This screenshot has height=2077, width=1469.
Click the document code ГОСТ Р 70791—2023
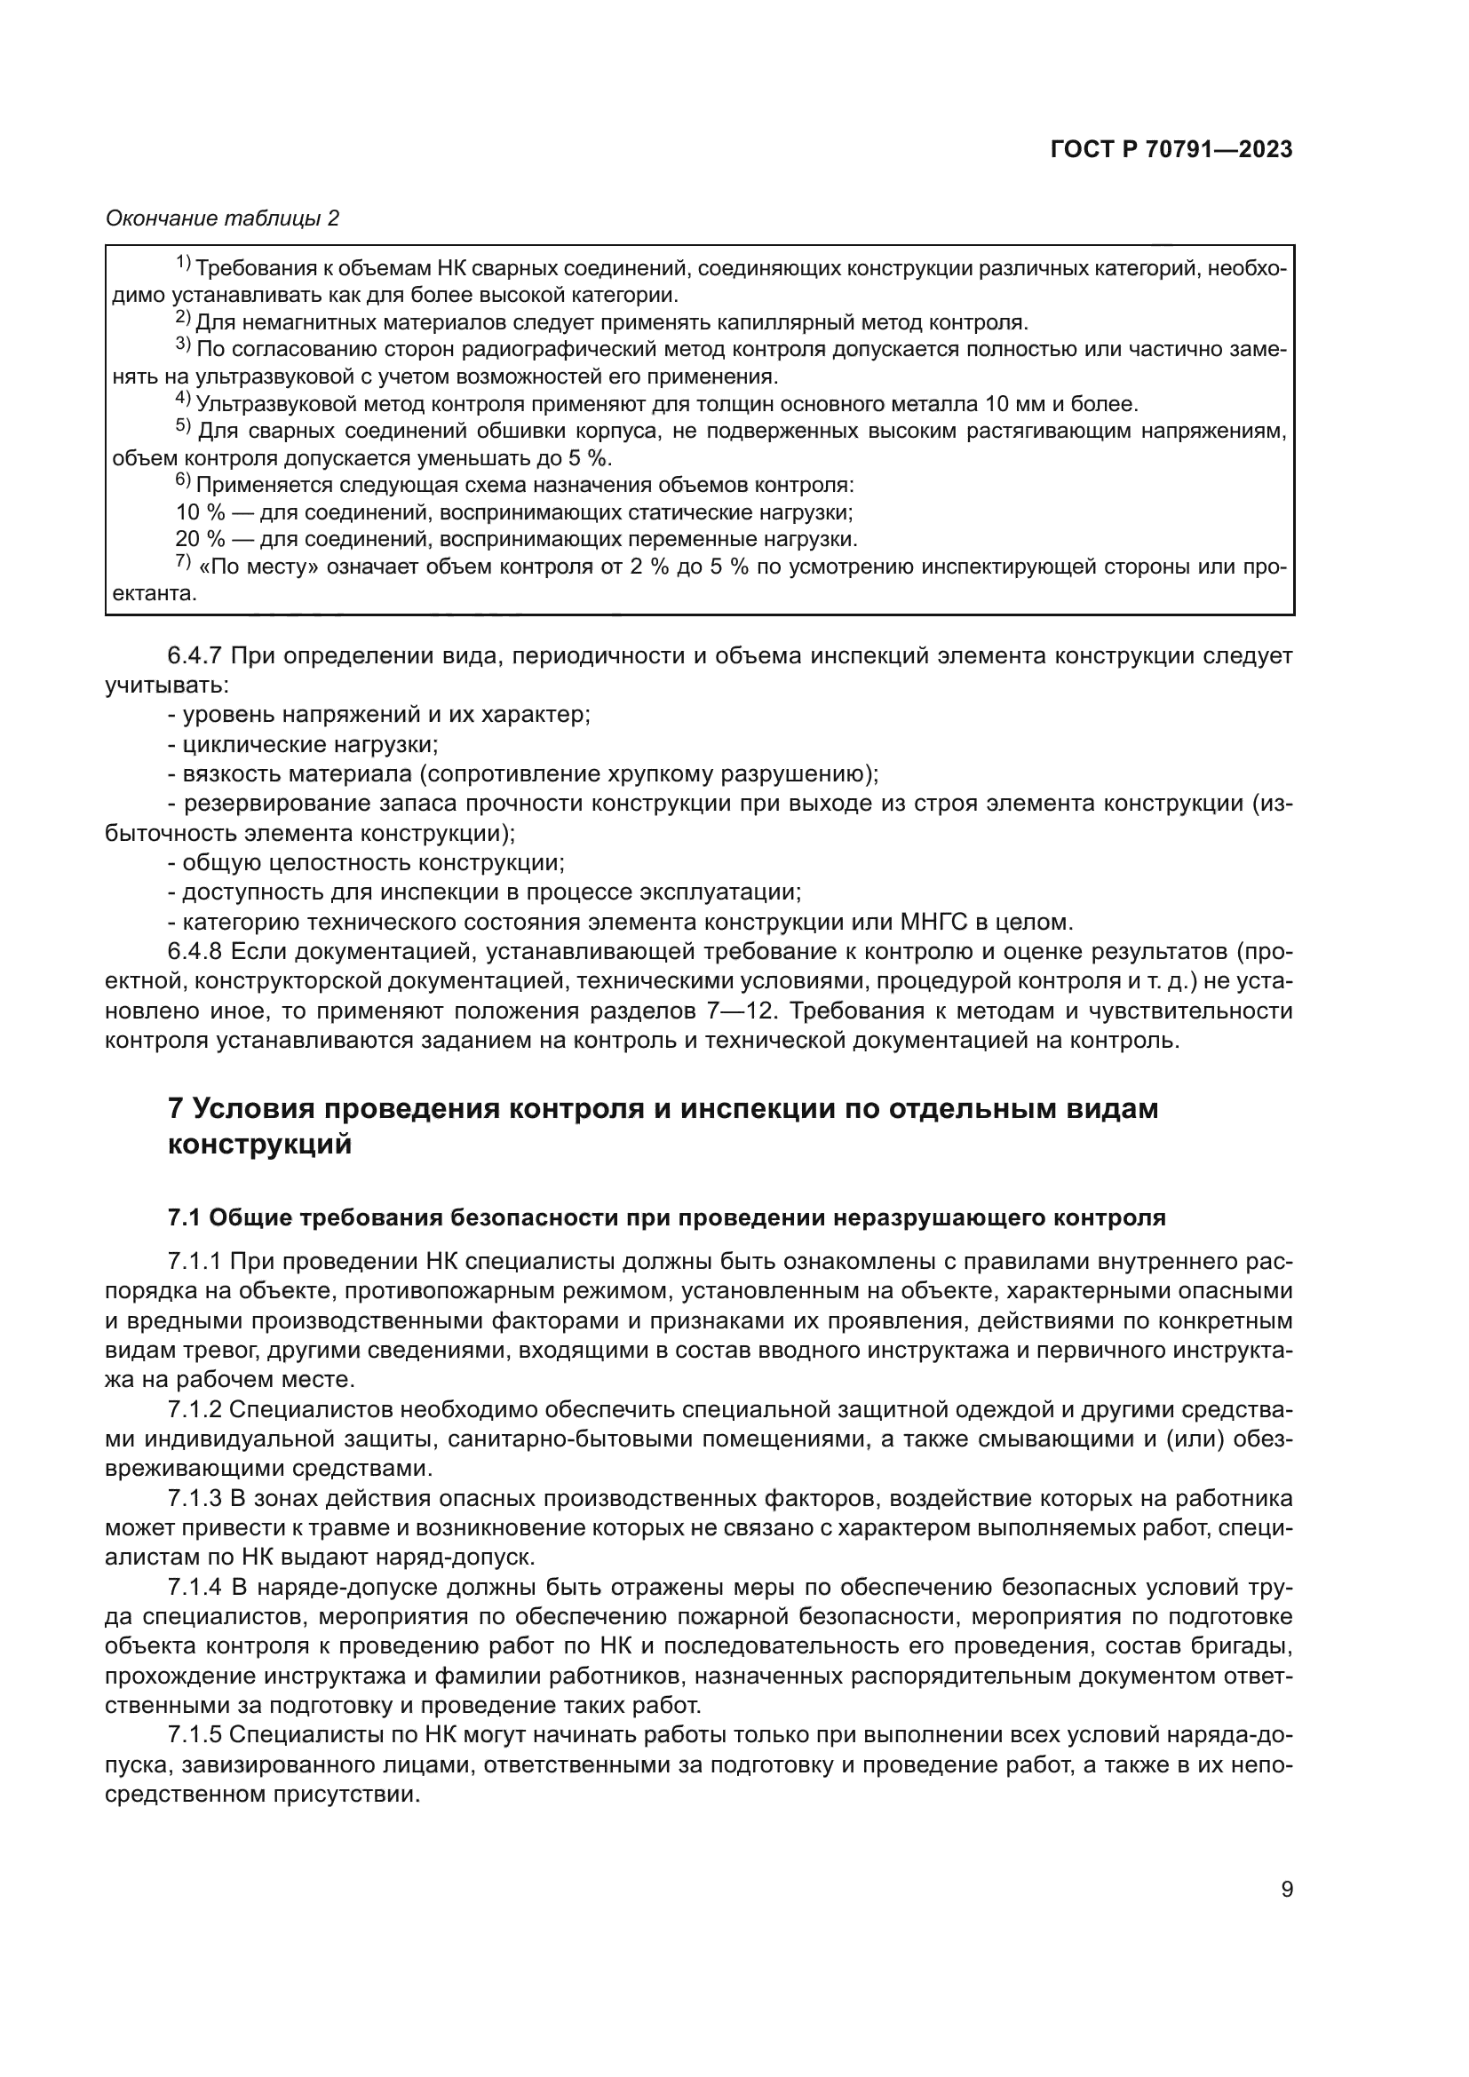click(x=1171, y=150)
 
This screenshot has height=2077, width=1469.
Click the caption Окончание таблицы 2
click(x=222, y=218)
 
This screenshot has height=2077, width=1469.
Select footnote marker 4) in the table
click(x=183, y=400)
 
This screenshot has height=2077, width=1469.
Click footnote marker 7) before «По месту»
click(x=183, y=563)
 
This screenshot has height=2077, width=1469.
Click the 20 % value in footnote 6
click(x=200, y=540)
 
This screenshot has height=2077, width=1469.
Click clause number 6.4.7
click(x=200, y=655)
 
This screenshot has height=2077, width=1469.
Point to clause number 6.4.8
click(x=200, y=952)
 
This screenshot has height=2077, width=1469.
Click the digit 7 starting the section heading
click(x=177, y=1108)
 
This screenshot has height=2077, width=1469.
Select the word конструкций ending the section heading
click(x=259, y=1145)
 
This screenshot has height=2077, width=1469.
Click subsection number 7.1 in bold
click(x=185, y=1217)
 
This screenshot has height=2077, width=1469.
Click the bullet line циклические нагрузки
click(x=310, y=744)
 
